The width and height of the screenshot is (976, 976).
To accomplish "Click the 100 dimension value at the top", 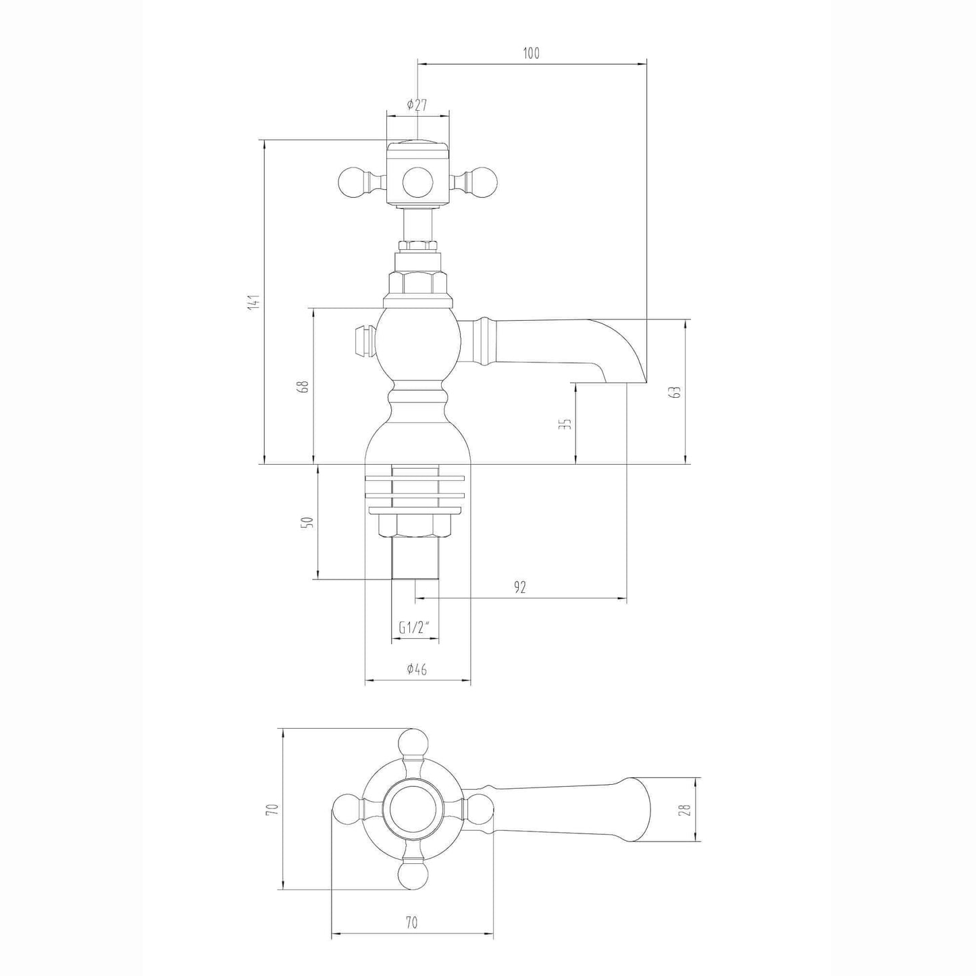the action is (x=531, y=53).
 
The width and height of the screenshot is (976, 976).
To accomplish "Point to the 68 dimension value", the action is (x=303, y=386).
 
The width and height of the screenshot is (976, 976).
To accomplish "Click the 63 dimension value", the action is (x=677, y=392).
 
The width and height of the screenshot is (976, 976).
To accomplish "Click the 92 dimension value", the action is (x=519, y=587).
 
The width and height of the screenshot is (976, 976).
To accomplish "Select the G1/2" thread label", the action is (x=414, y=628).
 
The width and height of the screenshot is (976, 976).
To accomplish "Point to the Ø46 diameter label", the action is (x=417, y=669).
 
